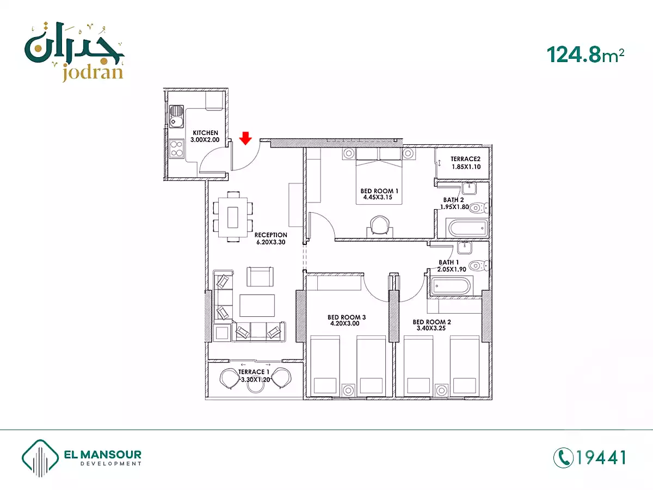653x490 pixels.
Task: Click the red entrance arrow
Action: tap(245, 138)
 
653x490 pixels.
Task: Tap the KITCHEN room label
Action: tap(205, 133)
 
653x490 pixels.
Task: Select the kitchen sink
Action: tap(176, 117)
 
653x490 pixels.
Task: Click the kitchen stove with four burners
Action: tap(176, 149)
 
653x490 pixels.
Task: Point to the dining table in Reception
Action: tap(233, 217)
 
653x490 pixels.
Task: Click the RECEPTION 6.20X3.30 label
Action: tap(270, 238)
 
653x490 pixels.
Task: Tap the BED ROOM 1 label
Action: tap(379, 191)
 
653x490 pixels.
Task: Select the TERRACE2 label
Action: tap(465, 159)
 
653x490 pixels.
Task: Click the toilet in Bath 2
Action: tap(478, 207)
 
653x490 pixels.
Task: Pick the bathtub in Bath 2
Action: tap(467, 229)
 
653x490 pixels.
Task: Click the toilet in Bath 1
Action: tap(478, 265)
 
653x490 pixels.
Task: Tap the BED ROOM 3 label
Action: tap(347, 317)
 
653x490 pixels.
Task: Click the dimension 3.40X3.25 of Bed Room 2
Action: tap(431, 328)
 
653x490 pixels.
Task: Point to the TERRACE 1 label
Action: tap(254, 372)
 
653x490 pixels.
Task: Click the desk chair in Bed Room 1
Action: tap(380, 225)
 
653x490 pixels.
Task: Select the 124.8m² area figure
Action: tap(585, 55)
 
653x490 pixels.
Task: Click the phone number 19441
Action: tap(601, 457)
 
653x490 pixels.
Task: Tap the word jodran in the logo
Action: tap(93, 73)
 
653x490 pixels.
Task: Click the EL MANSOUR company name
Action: tap(103, 454)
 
